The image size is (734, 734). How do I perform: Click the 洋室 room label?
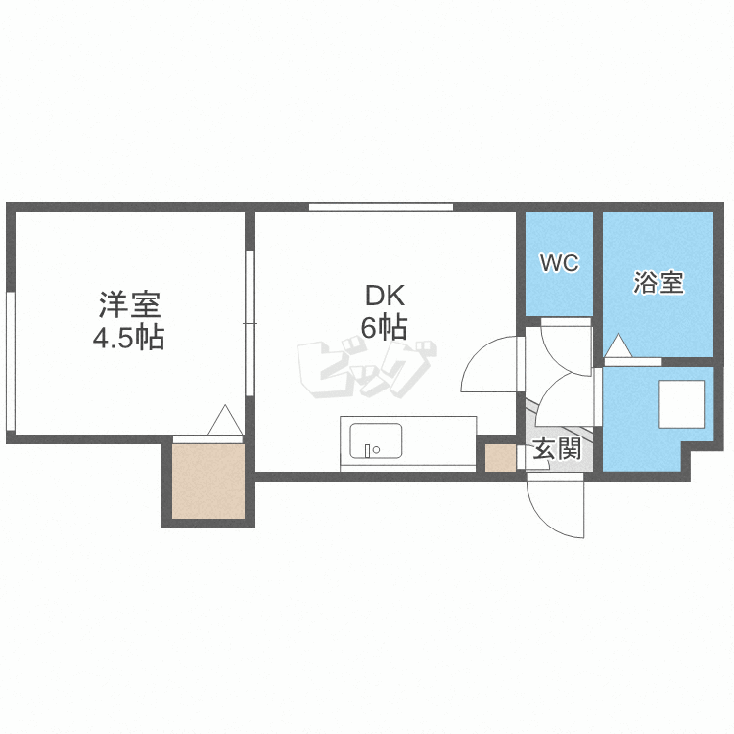(128, 304)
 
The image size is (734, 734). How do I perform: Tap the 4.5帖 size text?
(128, 338)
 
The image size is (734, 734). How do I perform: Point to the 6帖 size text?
(385, 328)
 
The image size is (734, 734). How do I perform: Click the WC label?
(560, 263)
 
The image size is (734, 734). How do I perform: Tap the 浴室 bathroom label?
(658, 284)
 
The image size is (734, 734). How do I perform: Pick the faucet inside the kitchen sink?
(371, 450)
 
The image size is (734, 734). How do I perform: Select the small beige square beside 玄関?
(500, 457)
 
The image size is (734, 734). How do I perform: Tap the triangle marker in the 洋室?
(224, 420)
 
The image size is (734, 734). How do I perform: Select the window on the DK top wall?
(381, 206)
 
